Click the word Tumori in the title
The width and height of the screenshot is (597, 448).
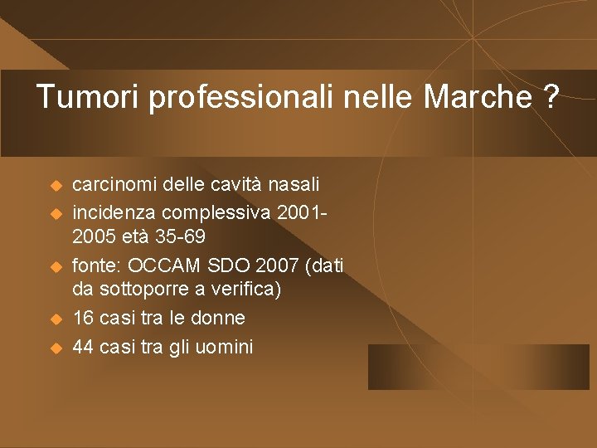point(89,97)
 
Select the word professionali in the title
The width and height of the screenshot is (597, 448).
point(240,97)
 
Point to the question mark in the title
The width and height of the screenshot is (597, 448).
point(550,97)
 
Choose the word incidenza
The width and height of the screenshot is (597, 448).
point(111,210)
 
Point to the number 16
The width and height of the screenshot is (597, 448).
point(84,318)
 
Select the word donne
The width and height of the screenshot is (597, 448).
point(218,318)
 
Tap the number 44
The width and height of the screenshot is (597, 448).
point(84,346)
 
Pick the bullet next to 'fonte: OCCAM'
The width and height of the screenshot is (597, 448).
point(56,266)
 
